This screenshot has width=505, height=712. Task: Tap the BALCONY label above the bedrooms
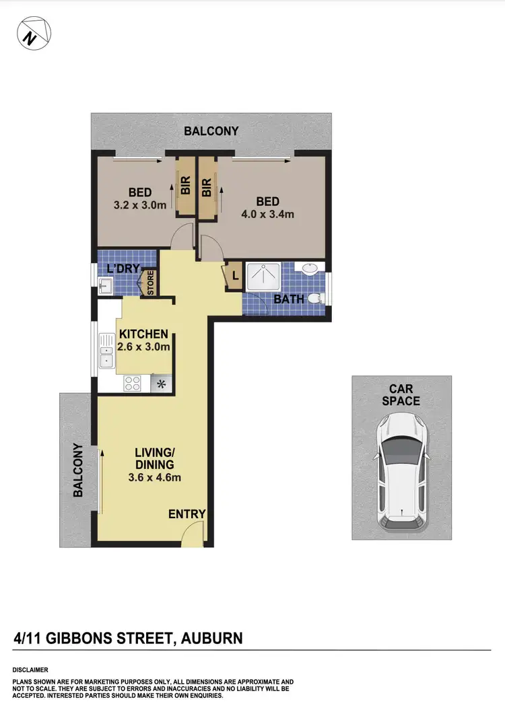pyautogui.click(x=212, y=131)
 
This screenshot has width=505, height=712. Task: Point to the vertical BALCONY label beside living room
pyautogui.click(x=77, y=470)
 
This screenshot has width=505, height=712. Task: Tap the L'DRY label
pyautogui.click(x=123, y=269)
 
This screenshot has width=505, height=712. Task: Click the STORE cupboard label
pyautogui.click(x=150, y=283)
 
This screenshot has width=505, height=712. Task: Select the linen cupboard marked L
pyautogui.click(x=234, y=275)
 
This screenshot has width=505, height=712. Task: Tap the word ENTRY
pyautogui.click(x=187, y=514)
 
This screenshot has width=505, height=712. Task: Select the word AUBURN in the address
pyautogui.click(x=209, y=637)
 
